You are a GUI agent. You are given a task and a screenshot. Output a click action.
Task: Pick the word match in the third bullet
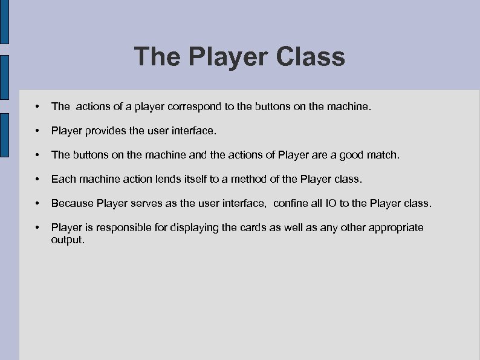383,155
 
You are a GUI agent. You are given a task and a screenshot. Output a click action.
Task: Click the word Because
73,203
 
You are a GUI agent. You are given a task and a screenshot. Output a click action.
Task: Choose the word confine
293,203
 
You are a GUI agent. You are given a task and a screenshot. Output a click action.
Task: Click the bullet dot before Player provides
38,131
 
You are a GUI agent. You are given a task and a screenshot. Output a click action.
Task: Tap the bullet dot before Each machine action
38,180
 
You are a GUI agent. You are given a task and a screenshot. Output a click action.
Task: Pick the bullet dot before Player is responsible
38,228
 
